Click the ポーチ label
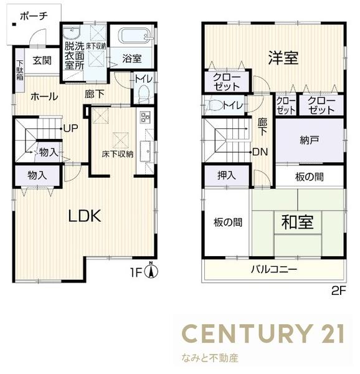34,17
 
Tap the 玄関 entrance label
42,60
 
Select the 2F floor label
338,290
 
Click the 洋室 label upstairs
283,58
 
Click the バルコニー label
274,270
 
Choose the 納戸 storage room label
309,140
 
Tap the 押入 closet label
226,176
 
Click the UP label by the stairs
70,128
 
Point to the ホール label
44,97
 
